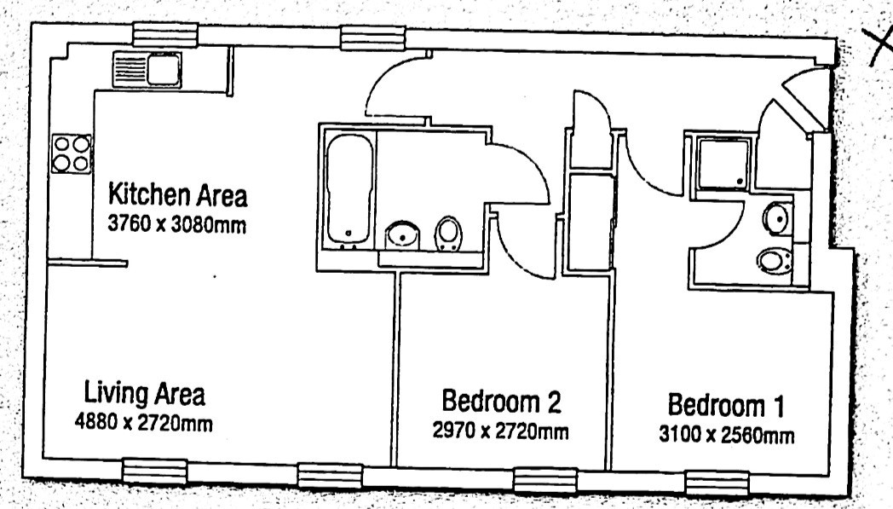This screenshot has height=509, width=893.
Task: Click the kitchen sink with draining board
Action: (x=147, y=70)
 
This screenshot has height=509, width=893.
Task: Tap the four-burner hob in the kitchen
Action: (x=72, y=153)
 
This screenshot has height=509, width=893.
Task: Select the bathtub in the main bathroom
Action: (x=349, y=188)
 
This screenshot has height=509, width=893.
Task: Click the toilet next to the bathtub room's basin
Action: (x=448, y=234)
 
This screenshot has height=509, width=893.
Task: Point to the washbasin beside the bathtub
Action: (x=403, y=234)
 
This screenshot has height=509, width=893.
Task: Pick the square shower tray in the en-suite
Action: (x=723, y=164)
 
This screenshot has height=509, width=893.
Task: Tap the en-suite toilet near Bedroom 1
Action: (x=774, y=261)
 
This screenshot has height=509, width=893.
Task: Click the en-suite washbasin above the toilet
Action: (x=776, y=219)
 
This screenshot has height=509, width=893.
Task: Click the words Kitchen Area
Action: (x=178, y=194)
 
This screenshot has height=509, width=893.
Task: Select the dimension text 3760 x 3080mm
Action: (x=177, y=224)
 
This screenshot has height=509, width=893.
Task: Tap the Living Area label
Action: (x=145, y=393)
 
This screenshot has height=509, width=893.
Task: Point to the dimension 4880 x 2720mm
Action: (x=143, y=423)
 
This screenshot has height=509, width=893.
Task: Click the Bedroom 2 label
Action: (x=501, y=401)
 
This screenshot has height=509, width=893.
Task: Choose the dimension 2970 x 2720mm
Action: (x=500, y=431)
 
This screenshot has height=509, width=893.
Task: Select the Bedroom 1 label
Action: (x=726, y=405)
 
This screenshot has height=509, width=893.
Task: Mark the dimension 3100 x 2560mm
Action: (x=727, y=435)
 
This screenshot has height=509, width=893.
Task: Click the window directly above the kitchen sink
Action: (x=165, y=34)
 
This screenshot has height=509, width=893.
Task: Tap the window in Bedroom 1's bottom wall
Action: (x=716, y=483)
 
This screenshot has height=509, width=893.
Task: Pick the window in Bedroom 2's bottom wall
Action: (x=545, y=480)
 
